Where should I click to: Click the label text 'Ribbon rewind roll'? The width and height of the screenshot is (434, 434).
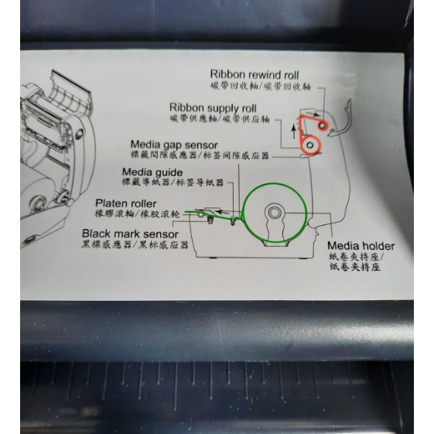pyautogui.click(x=255, y=74)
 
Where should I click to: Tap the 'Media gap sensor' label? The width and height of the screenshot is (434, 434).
pyautogui.click(x=174, y=144)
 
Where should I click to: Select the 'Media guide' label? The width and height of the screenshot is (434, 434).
pyautogui.click(x=152, y=172)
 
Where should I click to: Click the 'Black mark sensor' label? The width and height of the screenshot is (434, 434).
pyautogui.click(x=130, y=234)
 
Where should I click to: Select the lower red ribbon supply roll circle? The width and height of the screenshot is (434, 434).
pyautogui.click(x=311, y=145)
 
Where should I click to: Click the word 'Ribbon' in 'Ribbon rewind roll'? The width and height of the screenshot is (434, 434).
pyautogui.click(x=227, y=74)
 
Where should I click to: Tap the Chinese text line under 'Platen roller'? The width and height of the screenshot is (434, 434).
pyautogui.click(x=136, y=214)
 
